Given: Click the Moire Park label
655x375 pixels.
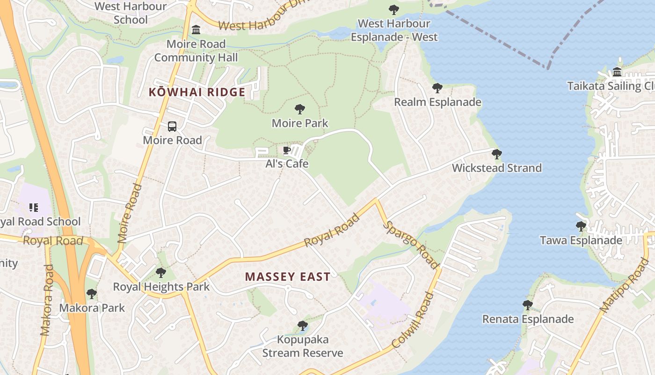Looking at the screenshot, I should pyautogui.click(x=300, y=123).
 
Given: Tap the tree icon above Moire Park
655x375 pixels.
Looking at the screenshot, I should pyautogui.click(x=300, y=109).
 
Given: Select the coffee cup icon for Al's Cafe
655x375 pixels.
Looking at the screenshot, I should pyautogui.click(x=287, y=150).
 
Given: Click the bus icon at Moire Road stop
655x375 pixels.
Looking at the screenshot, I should pyautogui.click(x=172, y=126).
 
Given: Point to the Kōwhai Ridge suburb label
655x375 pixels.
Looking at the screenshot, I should pyautogui.click(x=197, y=92).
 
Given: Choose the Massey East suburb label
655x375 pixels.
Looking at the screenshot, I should pyautogui.click(x=288, y=277).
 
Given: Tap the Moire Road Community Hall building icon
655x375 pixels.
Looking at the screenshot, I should pyautogui.click(x=196, y=30).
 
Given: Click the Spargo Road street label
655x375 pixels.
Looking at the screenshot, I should pyautogui.click(x=411, y=245).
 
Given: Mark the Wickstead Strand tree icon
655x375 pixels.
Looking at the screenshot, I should pyautogui.click(x=497, y=154).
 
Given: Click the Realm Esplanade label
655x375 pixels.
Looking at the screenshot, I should pyautogui.click(x=437, y=102).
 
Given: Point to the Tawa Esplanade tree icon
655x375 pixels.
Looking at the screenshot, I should pyautogui.click(x=581, y=226).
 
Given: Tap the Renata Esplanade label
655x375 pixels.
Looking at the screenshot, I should pyautogui.click(x=528, y=319).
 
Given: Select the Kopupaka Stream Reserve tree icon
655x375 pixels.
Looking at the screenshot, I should pyautogui.click(x=303, y=325).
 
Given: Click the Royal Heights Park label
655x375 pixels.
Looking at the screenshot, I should pyautogui.click(x=161, y=286).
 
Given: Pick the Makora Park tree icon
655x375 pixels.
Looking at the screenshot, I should pyautogui.click(x=92, y=294).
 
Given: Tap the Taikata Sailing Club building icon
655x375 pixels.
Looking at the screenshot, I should pyautogui.click(x=617, y=72).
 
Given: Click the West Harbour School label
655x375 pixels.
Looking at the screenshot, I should pyautogui.click(x=131, y=13).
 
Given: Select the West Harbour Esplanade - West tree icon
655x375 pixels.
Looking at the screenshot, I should pyautogui.click(x=394, y=9).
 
